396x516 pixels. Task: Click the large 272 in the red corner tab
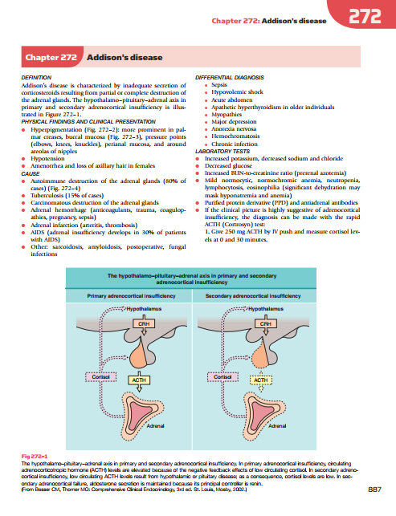coord(365,16)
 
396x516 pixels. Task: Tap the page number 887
coord(374,490)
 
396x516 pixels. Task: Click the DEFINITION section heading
coord(36,78)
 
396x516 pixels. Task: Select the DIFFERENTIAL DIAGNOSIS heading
coord(230,78)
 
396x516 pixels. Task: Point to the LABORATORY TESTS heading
coord(222,152)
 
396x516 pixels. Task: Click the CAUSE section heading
coord(31,174)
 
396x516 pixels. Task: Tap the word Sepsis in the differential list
coord(219,85)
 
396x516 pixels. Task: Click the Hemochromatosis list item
coord(235,136)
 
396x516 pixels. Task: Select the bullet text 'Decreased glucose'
coord(228,166)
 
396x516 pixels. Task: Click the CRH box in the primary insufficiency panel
coord(144,324)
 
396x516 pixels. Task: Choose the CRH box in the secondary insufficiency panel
coord(266,324)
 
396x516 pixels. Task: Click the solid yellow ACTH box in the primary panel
coord(139,380)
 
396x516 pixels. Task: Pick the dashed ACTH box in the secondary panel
coord(261,380)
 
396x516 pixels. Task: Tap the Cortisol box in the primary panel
coord(101,377)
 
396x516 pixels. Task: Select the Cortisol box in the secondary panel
coord(222,377)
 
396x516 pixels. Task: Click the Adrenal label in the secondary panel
coord(277,426)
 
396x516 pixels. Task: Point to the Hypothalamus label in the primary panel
coord(144,309)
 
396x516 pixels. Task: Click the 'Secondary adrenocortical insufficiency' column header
coord(253,296)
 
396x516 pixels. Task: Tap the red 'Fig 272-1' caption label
coord(35,456)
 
